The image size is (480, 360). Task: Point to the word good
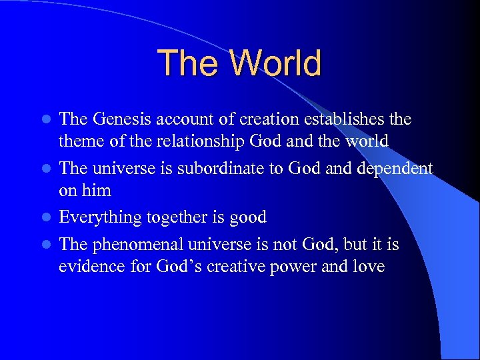(x=247, y=218)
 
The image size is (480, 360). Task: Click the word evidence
(x=89, y=267)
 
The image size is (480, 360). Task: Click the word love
(x=369, y=267)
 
